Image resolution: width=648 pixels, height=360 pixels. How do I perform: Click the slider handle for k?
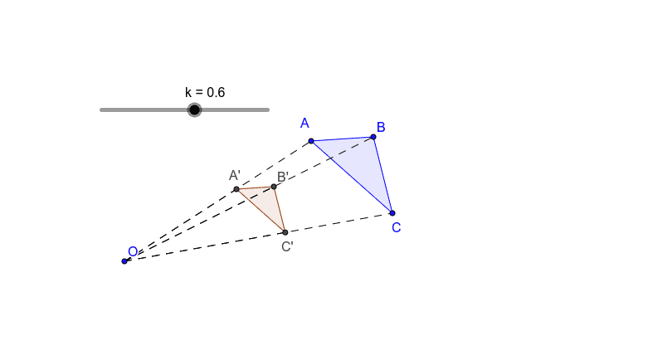194,109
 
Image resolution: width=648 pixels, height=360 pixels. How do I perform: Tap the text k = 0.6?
205,92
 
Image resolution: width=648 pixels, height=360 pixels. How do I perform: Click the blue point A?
311,141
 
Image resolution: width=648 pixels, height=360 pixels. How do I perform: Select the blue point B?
373,137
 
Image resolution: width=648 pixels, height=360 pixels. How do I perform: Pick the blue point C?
392,213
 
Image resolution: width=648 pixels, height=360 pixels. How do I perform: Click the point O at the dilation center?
124,261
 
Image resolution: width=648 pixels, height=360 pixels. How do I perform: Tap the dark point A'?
236,189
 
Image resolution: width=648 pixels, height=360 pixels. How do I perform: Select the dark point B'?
274,187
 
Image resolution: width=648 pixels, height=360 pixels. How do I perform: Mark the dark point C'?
285,232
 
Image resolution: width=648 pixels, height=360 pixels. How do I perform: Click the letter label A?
305,124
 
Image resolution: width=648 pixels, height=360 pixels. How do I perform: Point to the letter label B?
381,127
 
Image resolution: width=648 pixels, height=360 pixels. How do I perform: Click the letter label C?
397,227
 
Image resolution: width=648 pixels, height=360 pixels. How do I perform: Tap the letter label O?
133,251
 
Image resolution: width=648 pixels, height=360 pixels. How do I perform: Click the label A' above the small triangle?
235,175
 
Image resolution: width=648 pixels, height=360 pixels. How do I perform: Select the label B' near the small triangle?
282,177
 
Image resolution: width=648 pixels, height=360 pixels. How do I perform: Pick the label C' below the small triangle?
287,246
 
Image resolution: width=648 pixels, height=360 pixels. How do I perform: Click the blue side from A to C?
352,177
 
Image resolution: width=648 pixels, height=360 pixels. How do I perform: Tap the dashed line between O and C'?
207,246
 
